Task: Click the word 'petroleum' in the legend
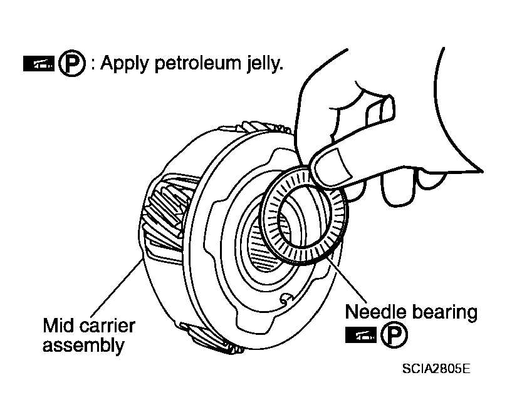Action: click(x=197, y=64)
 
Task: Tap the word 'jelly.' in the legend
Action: click(x=265, y=64)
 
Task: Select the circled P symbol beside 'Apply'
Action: click(x=72, y=63)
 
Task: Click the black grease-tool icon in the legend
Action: click(x=38, y=63)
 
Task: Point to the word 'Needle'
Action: click(x=375, y=312)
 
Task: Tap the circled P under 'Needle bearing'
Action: click(x=394, y=335)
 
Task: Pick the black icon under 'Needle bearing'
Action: click(x=360, y=335)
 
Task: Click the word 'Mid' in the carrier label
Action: click(x=59, y=325)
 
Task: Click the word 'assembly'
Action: click(x=83, y=346)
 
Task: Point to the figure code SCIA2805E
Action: click(x=436, y=369)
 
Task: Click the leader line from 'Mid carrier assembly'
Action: click(x=116, y=287)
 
